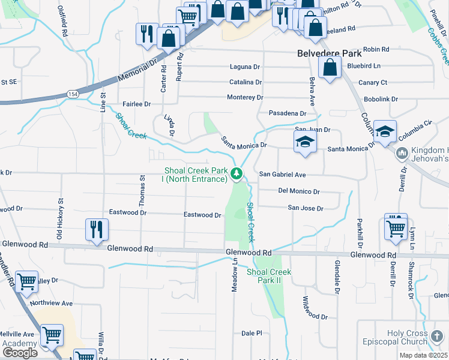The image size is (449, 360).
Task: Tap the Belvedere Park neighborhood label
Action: click(x=331, y=53)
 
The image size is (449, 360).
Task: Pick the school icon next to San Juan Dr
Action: click(x=305, y=143)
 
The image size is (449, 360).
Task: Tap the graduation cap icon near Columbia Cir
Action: click(x=384, y=131)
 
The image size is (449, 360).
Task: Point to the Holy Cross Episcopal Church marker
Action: click(x=438, y=334)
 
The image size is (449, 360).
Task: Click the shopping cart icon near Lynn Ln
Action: click(x=396, y=229)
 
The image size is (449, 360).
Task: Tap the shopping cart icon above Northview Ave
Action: click(x=26, y=281)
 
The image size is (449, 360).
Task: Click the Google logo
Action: click(x=20, y=353)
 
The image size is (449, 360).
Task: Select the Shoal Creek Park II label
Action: click(x=268, y=276)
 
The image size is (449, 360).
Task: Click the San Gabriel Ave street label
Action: click(x=283, y=175)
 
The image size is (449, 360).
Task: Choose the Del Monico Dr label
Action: click(x=299, y=191)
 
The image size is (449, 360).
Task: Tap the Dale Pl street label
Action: click(x=252, y=333)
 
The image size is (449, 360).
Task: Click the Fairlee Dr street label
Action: click(x=136, y=104)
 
